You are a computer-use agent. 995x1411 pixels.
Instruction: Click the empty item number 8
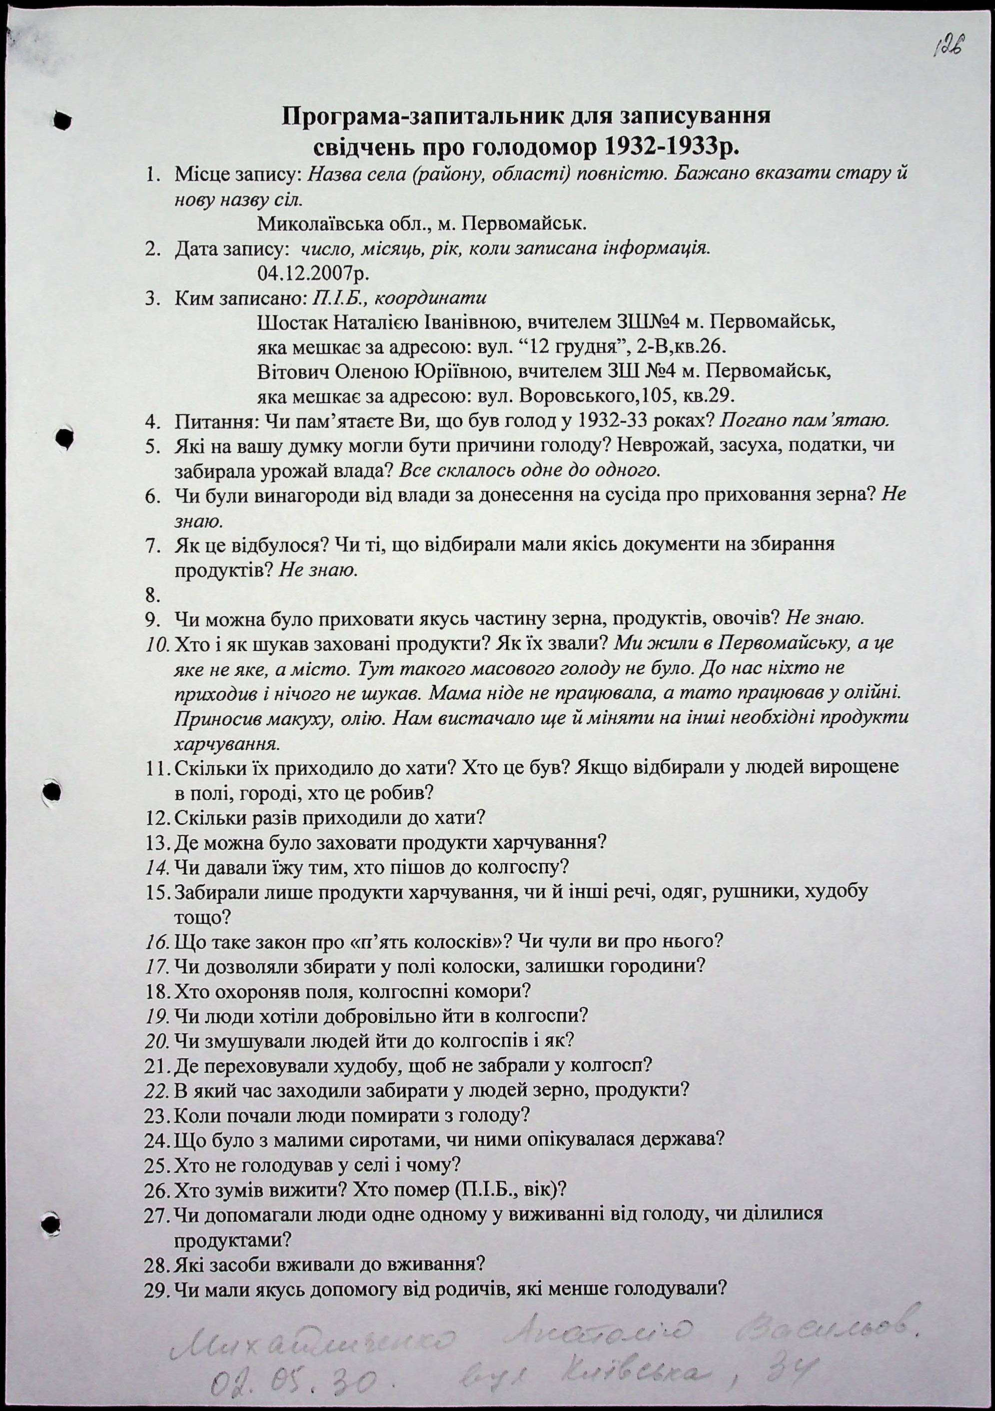[x=152, y=595]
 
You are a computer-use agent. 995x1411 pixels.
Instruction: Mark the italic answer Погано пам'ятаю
[x=804, y=422]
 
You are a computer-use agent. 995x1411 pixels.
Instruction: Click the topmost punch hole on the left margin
[x=62, y=121]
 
